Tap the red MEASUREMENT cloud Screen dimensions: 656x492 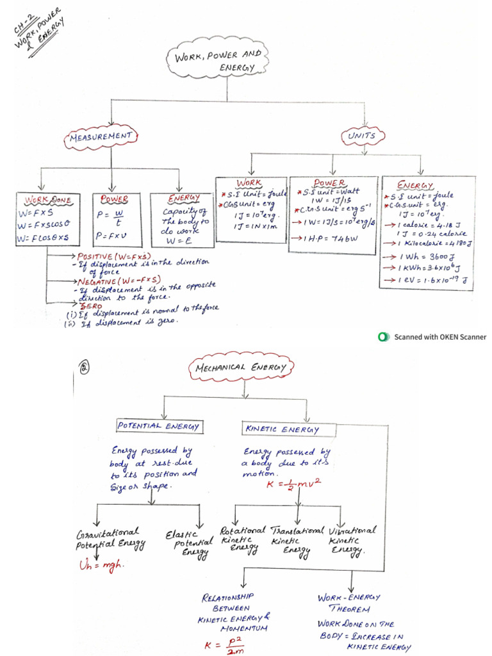(102, 137)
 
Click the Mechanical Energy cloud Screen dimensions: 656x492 (240, 368)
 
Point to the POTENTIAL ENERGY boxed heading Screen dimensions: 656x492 (158, 426)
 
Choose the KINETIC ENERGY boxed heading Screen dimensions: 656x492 (281, 429)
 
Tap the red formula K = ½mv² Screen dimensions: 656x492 (291, 484)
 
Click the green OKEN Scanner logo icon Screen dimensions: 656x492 (383, 336)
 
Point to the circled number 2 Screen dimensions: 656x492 (84, 367)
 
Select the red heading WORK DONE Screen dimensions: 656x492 (49, 199)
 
